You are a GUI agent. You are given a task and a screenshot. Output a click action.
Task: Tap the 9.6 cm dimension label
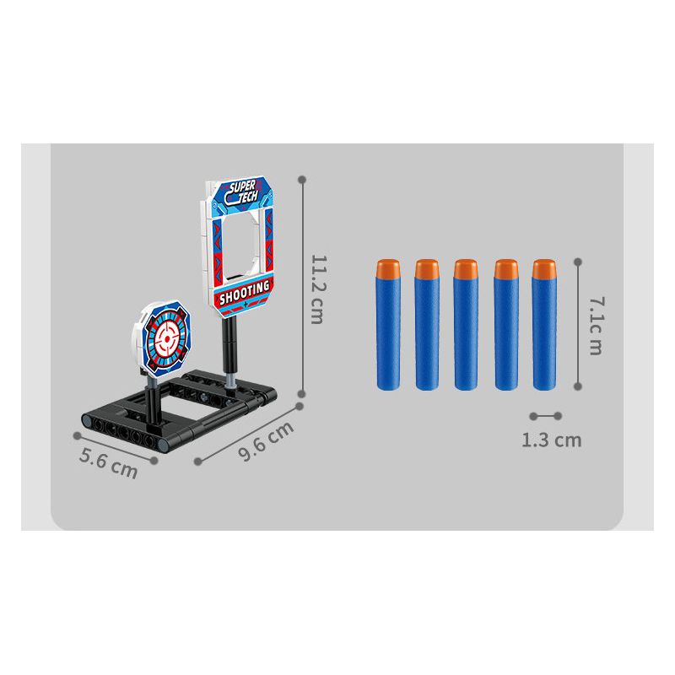pyautogui.click(x=266, y=440)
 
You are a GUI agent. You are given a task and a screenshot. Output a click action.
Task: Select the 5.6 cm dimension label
pyautogui.click(x=109, y=463)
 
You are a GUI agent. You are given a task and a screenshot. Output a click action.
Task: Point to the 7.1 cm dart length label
pyautogui.click(x=597, y=326)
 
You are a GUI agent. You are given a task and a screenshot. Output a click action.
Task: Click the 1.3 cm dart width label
pyautogui.click(x=552, y=440)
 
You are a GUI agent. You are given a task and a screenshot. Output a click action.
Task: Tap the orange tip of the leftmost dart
pyautogui.click(x=388, y=268)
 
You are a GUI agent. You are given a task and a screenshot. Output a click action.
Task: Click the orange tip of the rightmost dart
pyautogui.click(x=544, y=268)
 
